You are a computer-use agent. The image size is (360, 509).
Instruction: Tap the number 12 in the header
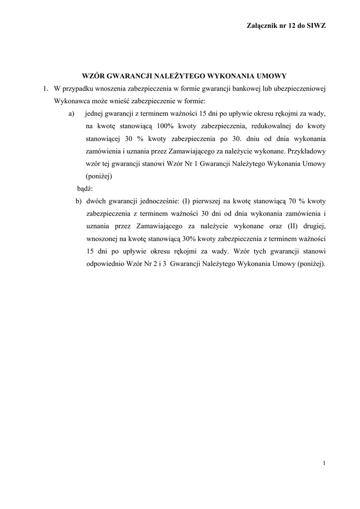click(x=288, y=25)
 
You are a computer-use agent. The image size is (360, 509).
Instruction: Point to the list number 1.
click(x=44, y=88)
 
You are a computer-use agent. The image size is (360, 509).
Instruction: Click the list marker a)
click(x=72, y=113)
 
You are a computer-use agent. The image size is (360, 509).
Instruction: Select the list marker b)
click(x=79, y=201)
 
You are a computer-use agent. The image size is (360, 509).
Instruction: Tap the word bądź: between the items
click(x=85, y=189)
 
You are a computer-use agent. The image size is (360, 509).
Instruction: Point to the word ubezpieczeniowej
click(x=297, y=88)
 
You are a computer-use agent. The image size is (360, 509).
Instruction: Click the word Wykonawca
click(x=71, y=101)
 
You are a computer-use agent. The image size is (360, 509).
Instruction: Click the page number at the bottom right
click(x=324, y=463)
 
